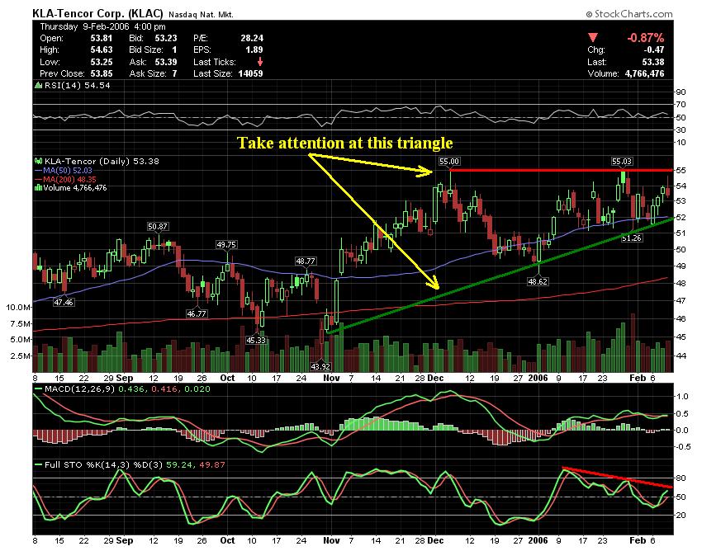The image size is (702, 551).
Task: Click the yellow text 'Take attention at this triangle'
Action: point(345,142)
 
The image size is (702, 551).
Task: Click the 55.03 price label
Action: point(621,162)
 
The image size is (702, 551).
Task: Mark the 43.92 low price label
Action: point(320,365)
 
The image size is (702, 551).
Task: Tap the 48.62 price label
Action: point(538,281)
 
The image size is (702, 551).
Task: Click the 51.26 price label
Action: point(631,238)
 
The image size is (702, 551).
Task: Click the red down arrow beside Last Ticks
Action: point(261,60)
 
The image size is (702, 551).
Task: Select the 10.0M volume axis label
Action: point(19,306)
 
